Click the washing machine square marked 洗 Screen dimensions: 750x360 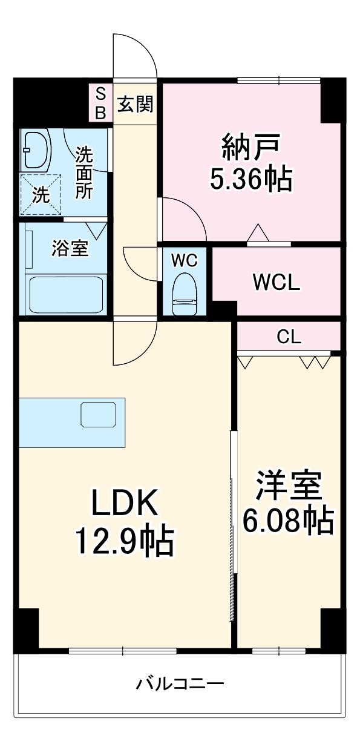point(40,194)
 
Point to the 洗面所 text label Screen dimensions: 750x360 point(84,173)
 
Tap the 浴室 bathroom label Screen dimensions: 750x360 point(70,249)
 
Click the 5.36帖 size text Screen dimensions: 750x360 point(250,179)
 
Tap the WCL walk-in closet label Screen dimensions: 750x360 point(276,282)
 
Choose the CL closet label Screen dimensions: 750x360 point(289,337)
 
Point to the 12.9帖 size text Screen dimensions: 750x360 point(124,541)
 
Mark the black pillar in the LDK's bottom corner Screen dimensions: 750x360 point(25,630)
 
